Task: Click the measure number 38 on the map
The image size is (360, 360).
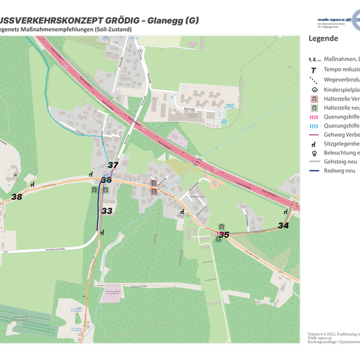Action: [x=17, y=197]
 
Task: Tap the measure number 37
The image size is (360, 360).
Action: [x=113, y=165]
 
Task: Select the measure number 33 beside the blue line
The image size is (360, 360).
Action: [x=107, y=211]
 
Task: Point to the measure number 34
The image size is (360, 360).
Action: [x=283, y=225]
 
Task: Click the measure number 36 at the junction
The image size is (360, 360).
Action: [x=106, y=180]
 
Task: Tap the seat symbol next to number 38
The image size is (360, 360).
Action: [x=90, y=174]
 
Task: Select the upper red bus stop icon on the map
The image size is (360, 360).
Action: [x=154, y=183]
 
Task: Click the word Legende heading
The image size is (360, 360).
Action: [x=323, y=38]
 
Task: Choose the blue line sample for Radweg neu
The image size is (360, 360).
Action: [x=314, y=171]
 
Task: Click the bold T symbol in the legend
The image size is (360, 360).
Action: [x=314, y=70]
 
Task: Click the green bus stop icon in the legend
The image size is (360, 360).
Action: [x=314, y=107]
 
